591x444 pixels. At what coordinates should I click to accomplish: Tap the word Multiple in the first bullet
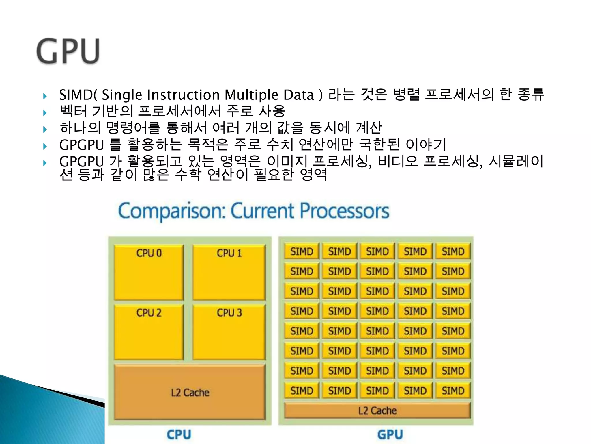tap(251, 95)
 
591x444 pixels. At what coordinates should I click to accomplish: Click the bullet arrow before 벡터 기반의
tap(45, 112)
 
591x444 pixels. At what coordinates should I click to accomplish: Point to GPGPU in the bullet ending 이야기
tap(81, 145)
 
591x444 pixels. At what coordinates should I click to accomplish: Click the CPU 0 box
tap(149, 272)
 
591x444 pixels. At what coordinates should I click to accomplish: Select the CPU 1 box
tap(229, 272)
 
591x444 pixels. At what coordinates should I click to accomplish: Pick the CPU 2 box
tap(149, 332)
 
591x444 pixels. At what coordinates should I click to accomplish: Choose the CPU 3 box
tap(229, 332)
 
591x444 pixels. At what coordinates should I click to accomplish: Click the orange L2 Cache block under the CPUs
tap(190, 392)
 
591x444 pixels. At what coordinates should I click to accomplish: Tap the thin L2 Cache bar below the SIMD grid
tap(377, 410)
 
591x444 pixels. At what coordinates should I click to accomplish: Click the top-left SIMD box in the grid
tap(302, 251)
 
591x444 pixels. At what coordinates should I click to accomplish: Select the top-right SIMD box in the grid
tap(453, 251)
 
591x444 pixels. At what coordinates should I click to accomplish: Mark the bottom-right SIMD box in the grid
tap(453, 391)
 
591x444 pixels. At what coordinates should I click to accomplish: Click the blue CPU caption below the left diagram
tap(179, 434)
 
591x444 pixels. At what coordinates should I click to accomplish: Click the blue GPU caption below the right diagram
tap(390, 434)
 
